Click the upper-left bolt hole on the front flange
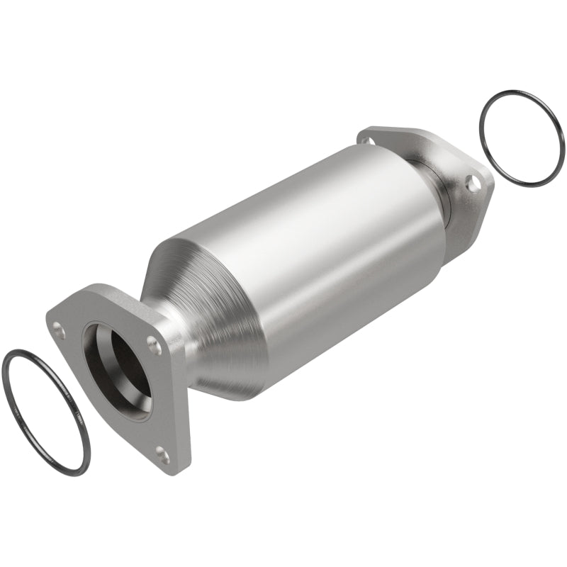pyautogui.click(x=60, y=328)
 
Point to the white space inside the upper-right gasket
pyautogui.click(x=521, y=138)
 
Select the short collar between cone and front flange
pyautogui.click(x=170, y=333)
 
